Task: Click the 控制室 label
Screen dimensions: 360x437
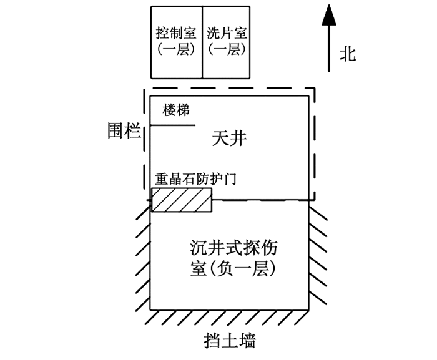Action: point(176,32)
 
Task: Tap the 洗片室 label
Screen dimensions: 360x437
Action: point(226,32)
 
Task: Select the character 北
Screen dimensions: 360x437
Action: point(348,54)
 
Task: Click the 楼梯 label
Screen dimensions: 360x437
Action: point(176,110)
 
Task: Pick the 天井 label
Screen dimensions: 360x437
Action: point(229,138)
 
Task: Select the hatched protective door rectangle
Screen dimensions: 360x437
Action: point(182,199)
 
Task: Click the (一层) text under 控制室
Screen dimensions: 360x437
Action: point(176,49)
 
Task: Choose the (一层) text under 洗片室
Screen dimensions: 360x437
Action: point(226,49)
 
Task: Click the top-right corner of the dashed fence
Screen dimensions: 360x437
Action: point(314,89)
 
